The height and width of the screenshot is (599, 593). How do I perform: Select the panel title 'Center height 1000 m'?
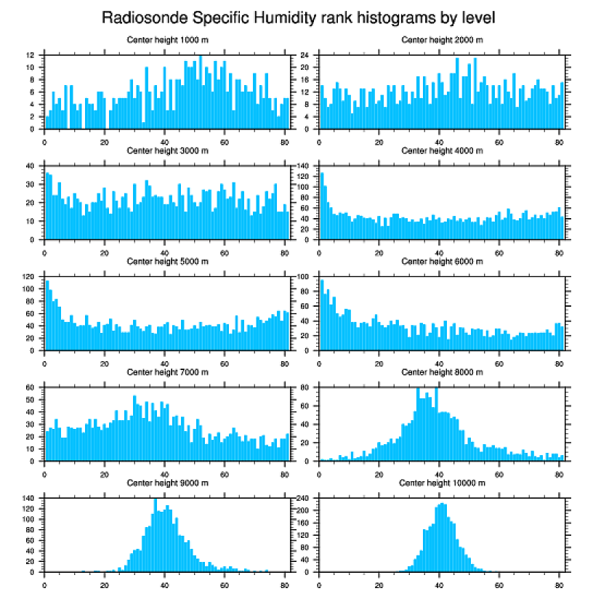168,39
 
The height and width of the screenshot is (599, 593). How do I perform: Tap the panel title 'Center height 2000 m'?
442,39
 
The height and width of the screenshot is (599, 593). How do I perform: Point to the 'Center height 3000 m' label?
168,150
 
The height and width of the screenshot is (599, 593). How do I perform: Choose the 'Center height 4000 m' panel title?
442,150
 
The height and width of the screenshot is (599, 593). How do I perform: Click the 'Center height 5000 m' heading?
168,261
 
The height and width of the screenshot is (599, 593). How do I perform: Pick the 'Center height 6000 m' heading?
442,261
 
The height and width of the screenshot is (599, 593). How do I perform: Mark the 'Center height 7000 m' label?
168,372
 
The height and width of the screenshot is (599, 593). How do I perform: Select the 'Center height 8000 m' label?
442,372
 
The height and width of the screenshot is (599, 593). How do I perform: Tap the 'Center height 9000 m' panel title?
168,483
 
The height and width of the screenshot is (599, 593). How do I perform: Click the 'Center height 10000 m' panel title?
442,483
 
